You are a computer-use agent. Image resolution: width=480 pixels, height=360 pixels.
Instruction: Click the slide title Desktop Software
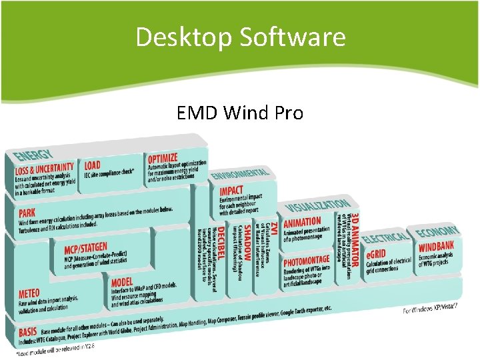tap(240, 37)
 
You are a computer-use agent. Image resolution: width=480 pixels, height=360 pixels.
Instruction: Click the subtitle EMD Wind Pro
tap(240, 113)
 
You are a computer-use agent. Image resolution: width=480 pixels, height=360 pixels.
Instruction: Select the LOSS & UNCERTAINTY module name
tap(45, 169)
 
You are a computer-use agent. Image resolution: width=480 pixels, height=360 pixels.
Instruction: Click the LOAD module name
tap(93, 165)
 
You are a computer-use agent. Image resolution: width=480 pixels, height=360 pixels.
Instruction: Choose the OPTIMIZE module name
tap(163, 159)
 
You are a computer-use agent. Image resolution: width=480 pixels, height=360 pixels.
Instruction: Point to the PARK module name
tap(27, 214)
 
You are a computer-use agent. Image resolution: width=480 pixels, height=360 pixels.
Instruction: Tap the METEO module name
tap(29, 293)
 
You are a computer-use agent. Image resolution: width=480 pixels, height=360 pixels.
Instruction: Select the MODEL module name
tap(122, 283)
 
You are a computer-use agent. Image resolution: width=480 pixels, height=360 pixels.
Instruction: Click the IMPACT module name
tap(232, 191)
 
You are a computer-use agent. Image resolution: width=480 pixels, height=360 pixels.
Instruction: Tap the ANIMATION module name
tap(302, 222)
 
